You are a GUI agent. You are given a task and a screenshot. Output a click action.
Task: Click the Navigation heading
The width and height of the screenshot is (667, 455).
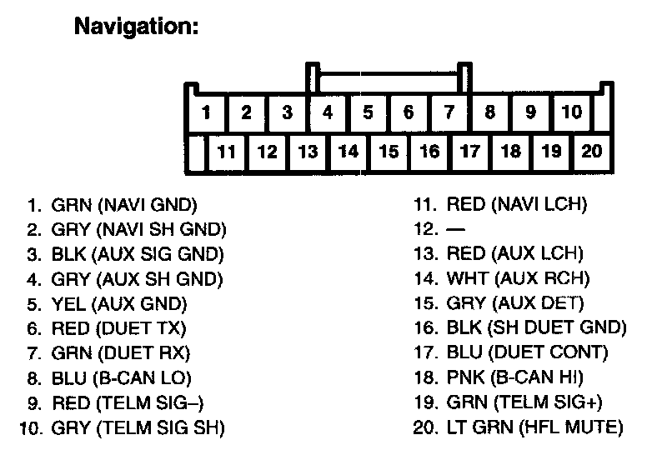(x=137, y=27)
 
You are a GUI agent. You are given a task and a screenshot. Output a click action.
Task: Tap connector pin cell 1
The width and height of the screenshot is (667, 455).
(x=206, y=112)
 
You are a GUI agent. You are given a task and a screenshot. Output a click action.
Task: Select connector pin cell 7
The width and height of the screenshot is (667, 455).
(x=449, y=112)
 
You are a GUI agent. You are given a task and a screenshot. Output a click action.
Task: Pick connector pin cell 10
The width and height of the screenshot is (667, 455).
(x=571, y=112)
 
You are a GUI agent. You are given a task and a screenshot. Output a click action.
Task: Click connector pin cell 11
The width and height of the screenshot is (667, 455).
(x=227, y=152)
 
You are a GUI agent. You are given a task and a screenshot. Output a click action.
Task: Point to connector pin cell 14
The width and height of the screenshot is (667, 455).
(x=349, y=152)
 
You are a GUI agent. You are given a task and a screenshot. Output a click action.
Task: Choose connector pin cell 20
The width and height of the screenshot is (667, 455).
(x=591, y=152)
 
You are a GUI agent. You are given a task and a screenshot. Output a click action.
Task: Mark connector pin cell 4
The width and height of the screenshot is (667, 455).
(x=328, y=112)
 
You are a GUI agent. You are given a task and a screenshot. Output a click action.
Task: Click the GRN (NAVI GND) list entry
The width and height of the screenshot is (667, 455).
(x=124, y=204)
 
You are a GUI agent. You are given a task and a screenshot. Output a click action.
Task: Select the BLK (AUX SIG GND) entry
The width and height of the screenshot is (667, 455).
(x=138, y=254)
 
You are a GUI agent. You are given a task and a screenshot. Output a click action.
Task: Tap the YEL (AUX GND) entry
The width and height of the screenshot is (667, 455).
(x=119, y=303)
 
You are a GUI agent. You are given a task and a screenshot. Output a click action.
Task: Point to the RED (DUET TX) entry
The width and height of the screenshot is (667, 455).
(x=119, y=328)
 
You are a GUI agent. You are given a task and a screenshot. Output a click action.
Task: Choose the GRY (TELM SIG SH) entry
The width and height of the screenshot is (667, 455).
(x=138, y=429)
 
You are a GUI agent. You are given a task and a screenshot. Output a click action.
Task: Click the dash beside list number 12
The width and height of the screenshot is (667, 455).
(x=455, y=228)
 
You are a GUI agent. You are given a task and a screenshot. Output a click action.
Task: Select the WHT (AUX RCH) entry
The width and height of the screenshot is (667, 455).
(x=518, y=278)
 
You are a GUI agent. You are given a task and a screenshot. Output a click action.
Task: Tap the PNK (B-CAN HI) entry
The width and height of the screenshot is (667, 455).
(x=515, y=377)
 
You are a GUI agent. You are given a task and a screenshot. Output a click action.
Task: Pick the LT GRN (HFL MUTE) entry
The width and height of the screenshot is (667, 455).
(x=534, y=428)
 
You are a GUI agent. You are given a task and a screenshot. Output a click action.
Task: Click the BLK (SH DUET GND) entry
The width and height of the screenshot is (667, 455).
(x=536, y=328)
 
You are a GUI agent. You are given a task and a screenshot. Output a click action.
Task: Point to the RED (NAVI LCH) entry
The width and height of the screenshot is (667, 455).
(x=517, y=204)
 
